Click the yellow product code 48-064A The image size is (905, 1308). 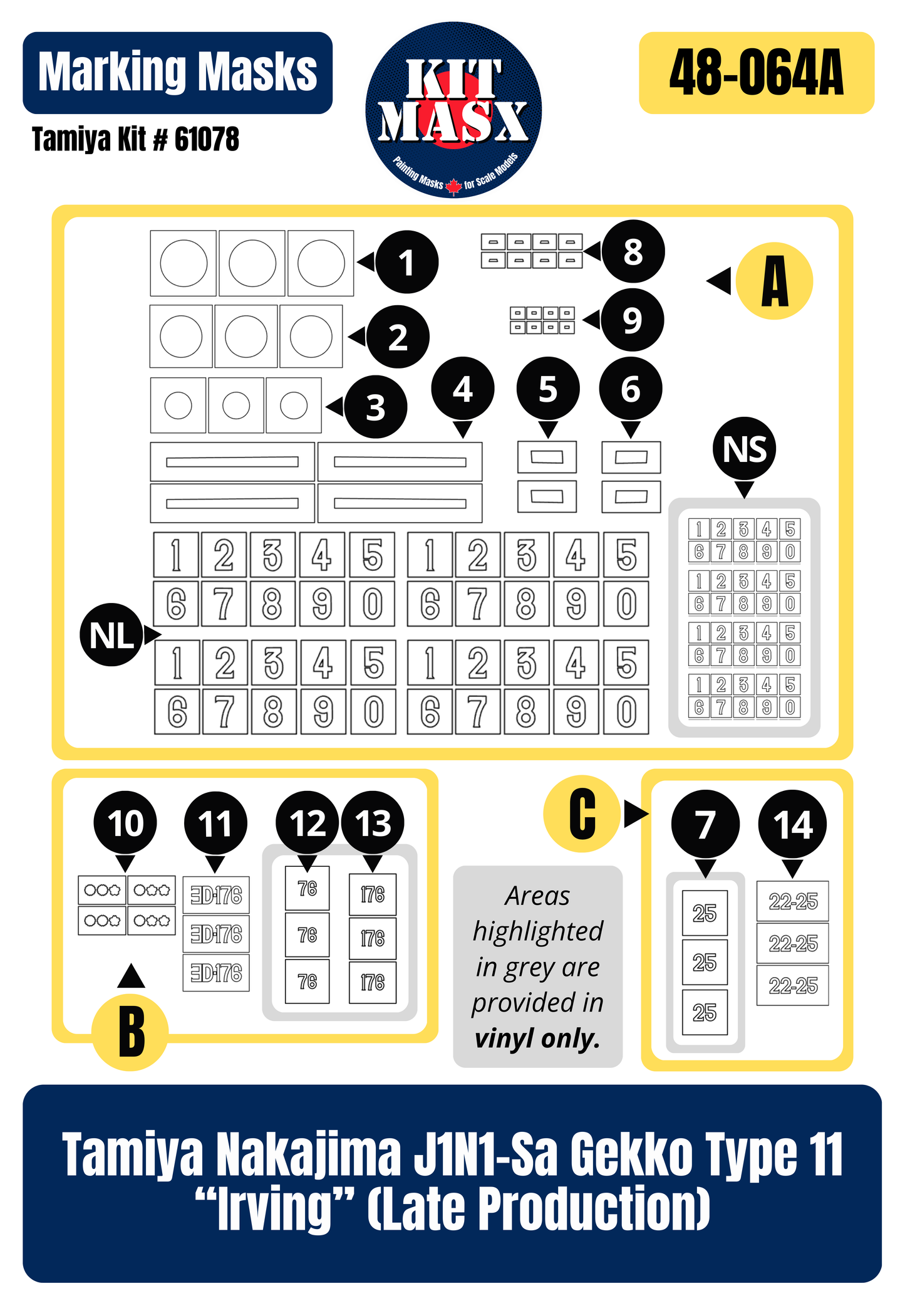pyautogui.click(x=756, y=73)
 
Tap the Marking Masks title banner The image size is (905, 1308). pyautogui.click(x=177, y=73)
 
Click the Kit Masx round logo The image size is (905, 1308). pyautogui.click(x=453, y=110)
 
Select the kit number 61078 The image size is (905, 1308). pyautogui.click(x=207, y=139)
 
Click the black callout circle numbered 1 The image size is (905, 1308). pyautogui.click(x=406, y=262)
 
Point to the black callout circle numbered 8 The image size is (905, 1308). pyautogui.click(x=633, y=251)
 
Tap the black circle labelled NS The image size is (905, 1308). pyautogui.click(x=744, y=449)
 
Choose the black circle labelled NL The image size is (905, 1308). pyautogui.click(x=111, y=635)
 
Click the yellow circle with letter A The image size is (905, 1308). pyautogui.click(x=774, y=281)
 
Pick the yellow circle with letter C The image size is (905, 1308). pyautogui.click(x=582, y=814)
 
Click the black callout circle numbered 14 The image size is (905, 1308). pyautogui.click(x=792, y=824)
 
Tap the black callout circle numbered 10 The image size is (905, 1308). pyautogui.click(x=125, y=822)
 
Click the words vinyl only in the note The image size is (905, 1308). pyautogui.click(x=537, y=1039)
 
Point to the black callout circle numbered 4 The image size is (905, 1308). pyautogui.click(x=462, y=389)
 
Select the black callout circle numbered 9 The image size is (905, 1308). pyautogui.click(x=632, y=320)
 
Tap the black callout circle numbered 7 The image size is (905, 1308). pyautogui.click(x=705, y=824)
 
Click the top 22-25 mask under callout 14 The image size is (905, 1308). pyautogui.click(x=793, y=901)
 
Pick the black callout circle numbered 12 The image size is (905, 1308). pyautogui.click(x=308, y=822)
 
